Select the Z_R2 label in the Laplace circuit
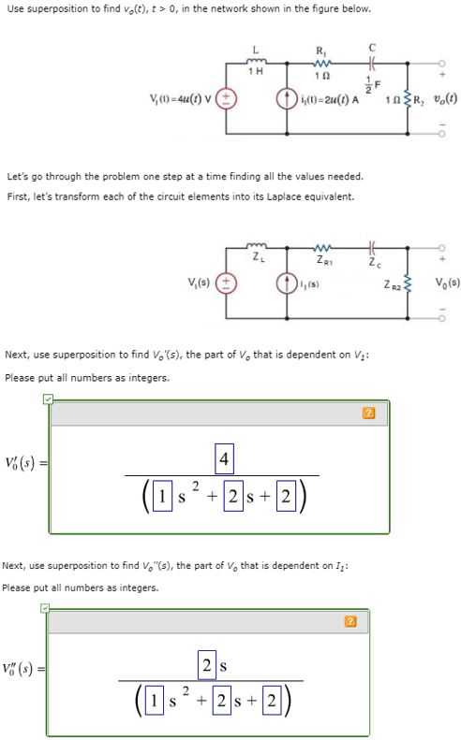pos(394,283)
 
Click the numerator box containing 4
pos(223,459)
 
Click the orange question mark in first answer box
pos(368,412)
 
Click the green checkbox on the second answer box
pos(44,608)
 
